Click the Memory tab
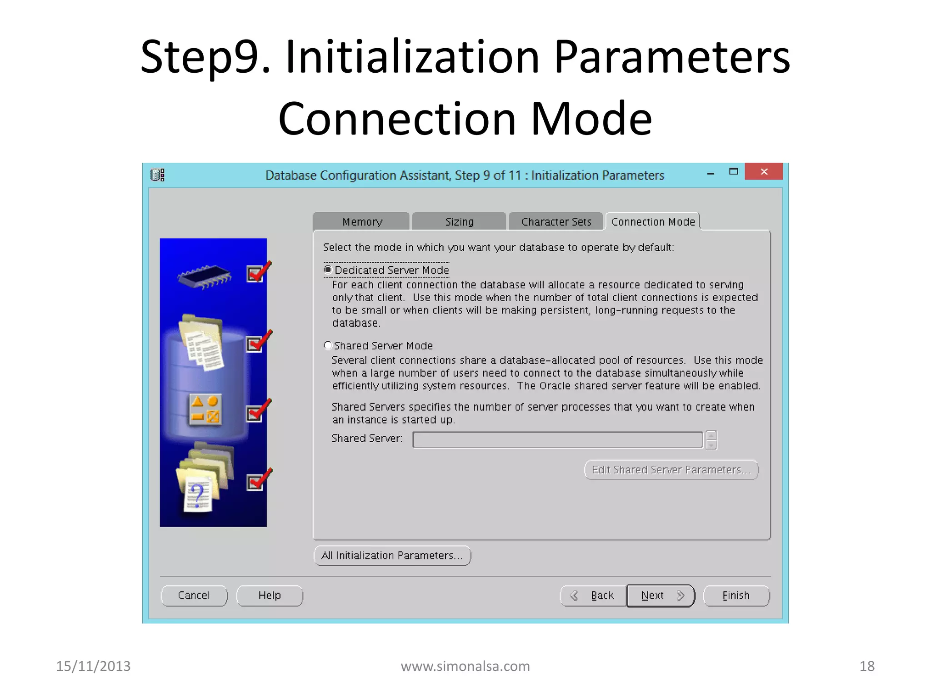pyautogui.click(x=362, y=222)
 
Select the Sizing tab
pyautogui.click(x=459, y=222)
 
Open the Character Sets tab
pyautogui.click(x=556, y=222)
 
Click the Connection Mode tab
pyautogui.click(x=653, y=222)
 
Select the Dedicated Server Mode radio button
pyautogui.click(x=328, y=270)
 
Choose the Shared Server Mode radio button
pyautogui.click(x=328, y=345)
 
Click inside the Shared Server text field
pyautogui.click(x=557, y=439)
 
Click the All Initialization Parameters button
pyautogui.click(x=392, y=555)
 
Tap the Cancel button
pyautogui.click(x=194, y=595)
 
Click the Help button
pyautogui.click(x=270, y=595)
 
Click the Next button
pyautogui.click(x=661, y=595)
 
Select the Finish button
pyautogui.click(x=736, y=595)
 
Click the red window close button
pyautogui.click(x=764, y=172)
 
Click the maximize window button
pyautogui.click(x=733, y=172)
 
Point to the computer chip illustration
pyautogui.click(x=205, y=275)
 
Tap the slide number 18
pyautogui.click(x=867, y=666)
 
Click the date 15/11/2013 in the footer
pyautogui.click(x=93, y=666)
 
